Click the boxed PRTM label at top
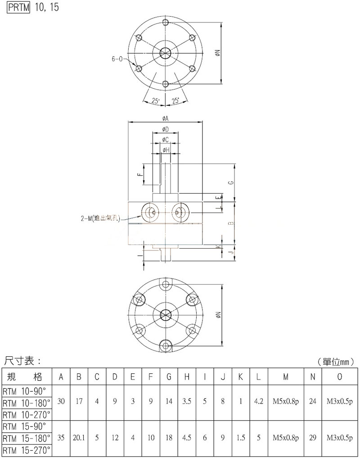tap(19, 7)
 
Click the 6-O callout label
tap(117, 59)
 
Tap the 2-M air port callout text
tap(100, 218)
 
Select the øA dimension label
tap(166, 118)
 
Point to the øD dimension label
tap(165, 129)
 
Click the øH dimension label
tap(166, 150)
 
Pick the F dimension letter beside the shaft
tap(140, 175)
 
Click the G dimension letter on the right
tap(231, 182)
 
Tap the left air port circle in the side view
tap(150, 213)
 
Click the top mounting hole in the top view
tap(166, 22)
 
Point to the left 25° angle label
tap(156, 101)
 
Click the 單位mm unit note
tap(336, 362)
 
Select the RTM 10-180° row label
tap(27, 403)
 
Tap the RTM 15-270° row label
tap(27, 450)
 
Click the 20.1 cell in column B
tap(79, 438)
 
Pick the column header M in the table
tap(286, 377)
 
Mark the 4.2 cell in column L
tap(258, 401)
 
